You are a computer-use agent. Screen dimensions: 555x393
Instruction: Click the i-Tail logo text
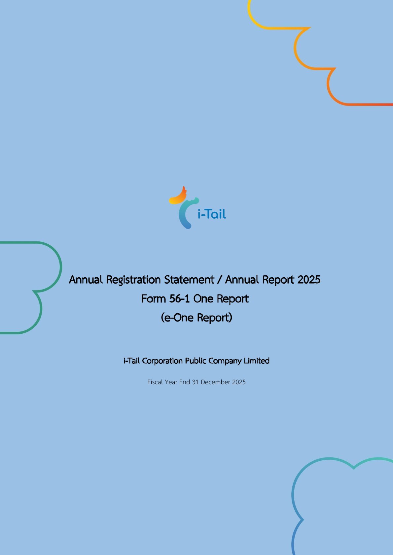coord(212,214)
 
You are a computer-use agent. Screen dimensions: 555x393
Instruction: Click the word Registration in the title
coord(134,280)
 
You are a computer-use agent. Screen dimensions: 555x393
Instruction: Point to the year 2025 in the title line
coord(308,280)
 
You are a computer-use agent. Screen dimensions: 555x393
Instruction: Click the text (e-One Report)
coord(196,318)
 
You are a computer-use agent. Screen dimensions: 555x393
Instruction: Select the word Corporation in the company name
coord(162,361)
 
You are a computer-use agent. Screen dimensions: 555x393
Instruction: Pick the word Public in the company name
coord(196,361)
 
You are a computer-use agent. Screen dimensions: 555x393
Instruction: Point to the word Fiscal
coord(155,382)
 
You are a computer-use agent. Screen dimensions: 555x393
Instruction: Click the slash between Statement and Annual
coord(220,280)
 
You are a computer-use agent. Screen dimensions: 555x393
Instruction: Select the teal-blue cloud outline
coord(293,495)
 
